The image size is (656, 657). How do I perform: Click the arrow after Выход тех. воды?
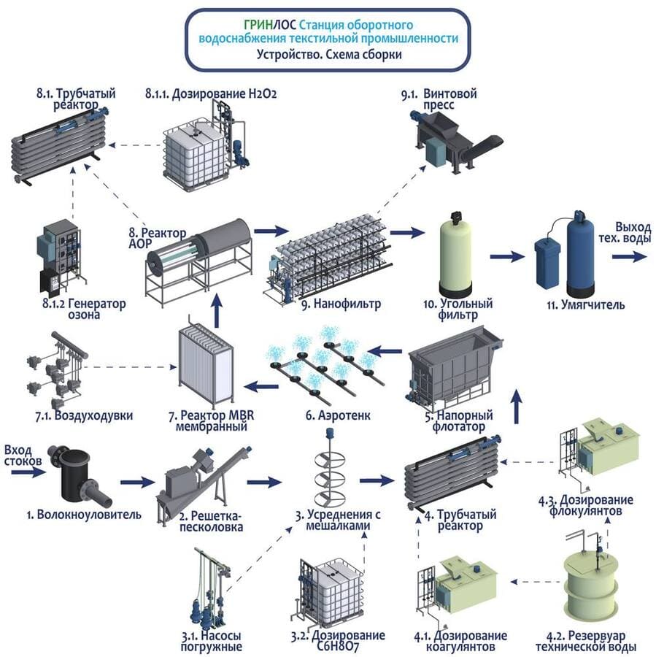click(628, 256)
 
